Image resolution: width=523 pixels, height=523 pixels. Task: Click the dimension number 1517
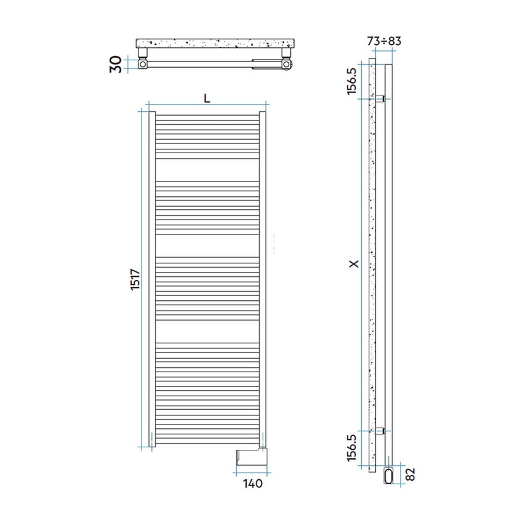[137, 281]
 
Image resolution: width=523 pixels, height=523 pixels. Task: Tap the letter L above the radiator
[207, 98]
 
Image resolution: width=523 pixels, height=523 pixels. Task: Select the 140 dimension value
[253, 483]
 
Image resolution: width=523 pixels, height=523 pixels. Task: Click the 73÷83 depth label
[384, 41]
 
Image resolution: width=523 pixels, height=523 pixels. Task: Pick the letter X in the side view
[353, 263]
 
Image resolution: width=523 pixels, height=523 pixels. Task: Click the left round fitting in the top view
[143, 63]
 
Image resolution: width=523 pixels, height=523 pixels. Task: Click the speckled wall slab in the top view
[215, 44]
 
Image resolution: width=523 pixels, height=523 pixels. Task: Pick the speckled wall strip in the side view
[371, 265]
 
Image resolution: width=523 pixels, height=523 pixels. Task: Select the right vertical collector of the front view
[263, 277]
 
